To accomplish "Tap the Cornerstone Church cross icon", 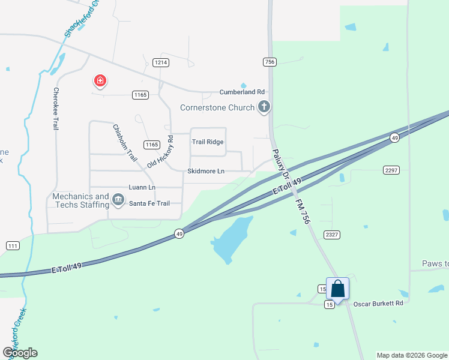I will click(263, 108).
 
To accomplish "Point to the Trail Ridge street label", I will click(207, 142).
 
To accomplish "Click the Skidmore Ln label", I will click(206, 172).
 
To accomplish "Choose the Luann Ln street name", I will click(142, 188).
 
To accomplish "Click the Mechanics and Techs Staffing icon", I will click(118, 199).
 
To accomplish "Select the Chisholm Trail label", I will click(125, 142).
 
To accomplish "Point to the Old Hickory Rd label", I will click(160, 152).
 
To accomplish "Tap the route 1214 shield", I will click(160, 62).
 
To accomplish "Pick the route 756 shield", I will click(269, 62).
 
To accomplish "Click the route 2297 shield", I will click(391, 170).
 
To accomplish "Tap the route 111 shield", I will click(12, 246).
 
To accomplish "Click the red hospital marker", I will click(100, 81).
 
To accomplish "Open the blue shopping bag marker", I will click(337, 289).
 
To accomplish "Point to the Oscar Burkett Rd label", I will click(377, 304).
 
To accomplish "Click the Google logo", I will click(20, 353).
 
